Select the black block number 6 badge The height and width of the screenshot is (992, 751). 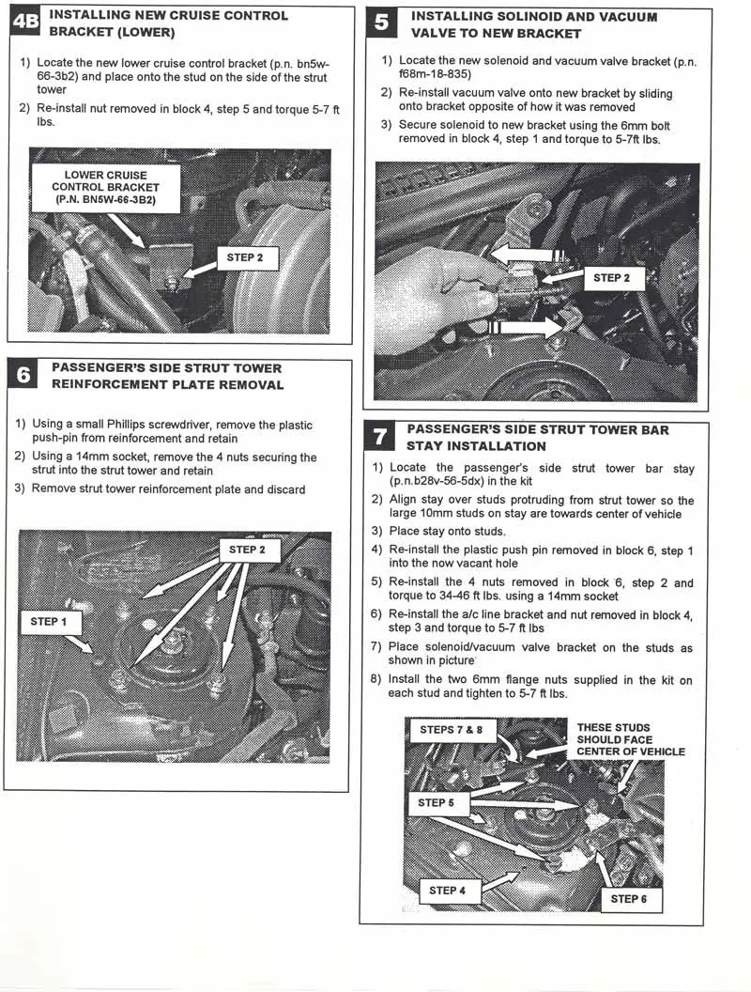coord(23,376)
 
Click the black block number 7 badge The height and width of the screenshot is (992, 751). coord(378,438)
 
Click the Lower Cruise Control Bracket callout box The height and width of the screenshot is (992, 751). coord(105,187)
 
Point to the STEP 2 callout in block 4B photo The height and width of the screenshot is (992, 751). coord(245,257)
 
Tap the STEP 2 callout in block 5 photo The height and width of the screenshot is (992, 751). coord(611,278)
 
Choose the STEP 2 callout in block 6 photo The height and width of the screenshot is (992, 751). coord(247,550)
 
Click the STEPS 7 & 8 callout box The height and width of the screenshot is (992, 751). coord(451,730)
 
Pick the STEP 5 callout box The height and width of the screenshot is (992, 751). coord(437,803)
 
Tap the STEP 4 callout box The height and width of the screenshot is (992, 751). coord(448,891)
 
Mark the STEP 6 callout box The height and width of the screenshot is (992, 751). coord(628,899)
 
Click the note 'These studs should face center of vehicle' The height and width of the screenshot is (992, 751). coord(630,739)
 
